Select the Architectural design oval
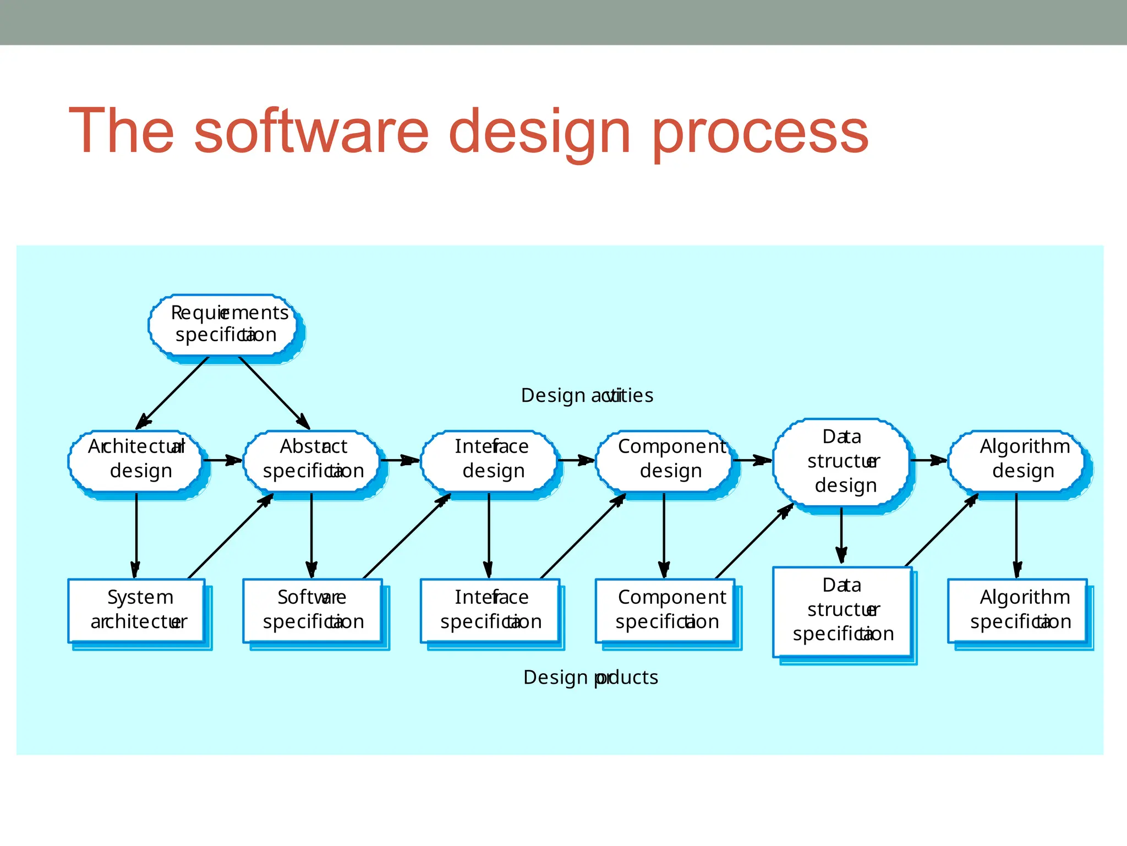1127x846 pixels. pyautogui.click(x=136, y=460)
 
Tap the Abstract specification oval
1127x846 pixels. pyautogui.click(x=312, y=460)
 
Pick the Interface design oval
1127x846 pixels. pyautogui.click(x=489, y=460)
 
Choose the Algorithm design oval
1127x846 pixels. pyautogui.click(x=1017, y=460)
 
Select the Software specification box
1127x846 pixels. pyautogui.click(x=313, y=610)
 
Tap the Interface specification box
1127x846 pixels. pyautogui.click(x=490, y=610)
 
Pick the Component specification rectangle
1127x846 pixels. pyautogui.click(x=665, y=610)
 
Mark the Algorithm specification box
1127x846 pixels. pyautogui.click(x=1017, y=610)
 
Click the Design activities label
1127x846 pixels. pyautogui.click(x=587, y=396)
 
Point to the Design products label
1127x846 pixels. pyautogui.click(x=590, y=677)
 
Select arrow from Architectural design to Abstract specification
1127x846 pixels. pyautogui.click(x=222, y=460)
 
